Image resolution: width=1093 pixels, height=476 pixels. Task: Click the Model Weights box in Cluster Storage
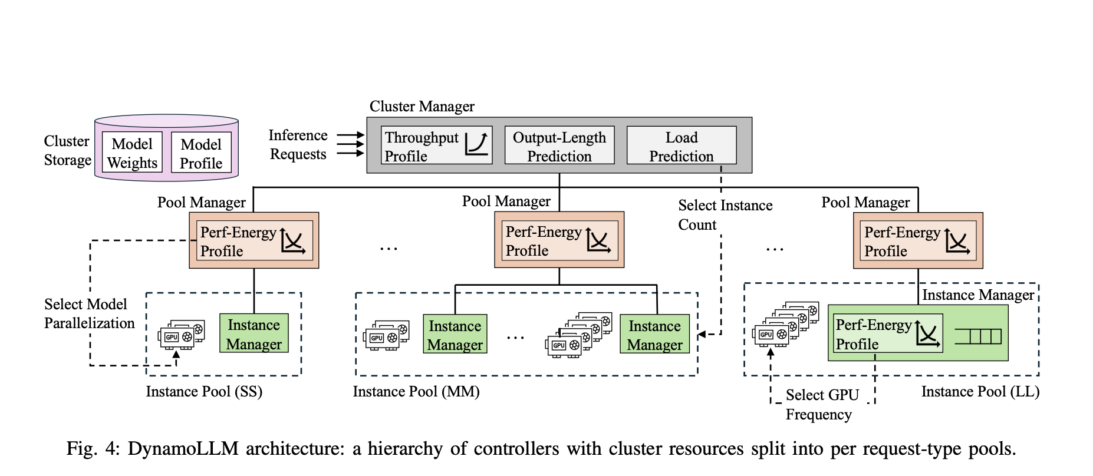(132, 153)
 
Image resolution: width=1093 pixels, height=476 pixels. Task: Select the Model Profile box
(201, 153)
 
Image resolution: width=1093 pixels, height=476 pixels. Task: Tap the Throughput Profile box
(436, 146)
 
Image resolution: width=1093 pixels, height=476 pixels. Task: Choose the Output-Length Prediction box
(559, 146)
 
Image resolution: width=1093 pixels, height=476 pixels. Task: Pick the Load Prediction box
(681, 146)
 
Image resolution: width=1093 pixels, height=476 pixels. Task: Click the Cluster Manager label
(422, 107)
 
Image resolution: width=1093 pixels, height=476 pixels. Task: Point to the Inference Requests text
(298, 144)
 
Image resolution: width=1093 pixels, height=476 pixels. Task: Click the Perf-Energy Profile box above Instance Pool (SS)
(254, 241)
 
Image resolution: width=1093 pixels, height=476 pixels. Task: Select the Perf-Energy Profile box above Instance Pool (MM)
(559, 240)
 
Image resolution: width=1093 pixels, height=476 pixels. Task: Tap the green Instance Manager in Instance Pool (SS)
(254, 333)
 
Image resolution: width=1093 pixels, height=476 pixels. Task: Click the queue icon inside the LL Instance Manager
(978, 336)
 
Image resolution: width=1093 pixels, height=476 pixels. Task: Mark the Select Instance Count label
(725, 214)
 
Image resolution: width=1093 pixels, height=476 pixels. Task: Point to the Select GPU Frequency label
(822, 404)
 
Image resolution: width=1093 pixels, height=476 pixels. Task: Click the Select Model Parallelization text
(89, 313)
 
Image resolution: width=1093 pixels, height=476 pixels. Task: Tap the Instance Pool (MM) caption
(416, 392)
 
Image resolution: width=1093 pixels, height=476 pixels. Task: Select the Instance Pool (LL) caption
(980, 392)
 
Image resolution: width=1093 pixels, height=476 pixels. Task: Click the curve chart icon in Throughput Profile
(476, 144)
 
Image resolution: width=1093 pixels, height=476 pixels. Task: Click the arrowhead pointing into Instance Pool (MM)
(702, 335)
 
